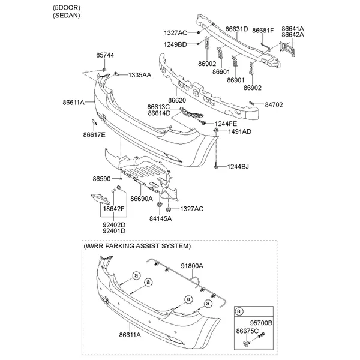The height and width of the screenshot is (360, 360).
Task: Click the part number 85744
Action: [104, 55]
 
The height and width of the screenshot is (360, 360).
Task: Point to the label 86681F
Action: [263, 29]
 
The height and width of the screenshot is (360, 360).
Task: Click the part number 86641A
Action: [294, 28]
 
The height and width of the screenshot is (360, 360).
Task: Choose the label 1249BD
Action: [175, 44]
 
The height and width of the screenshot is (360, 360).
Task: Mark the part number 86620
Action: [177, 100]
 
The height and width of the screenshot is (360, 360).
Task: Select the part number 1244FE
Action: [226, 124]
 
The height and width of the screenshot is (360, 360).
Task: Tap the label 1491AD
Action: [240, 131]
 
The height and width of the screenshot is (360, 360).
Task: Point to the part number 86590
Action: [102, 178]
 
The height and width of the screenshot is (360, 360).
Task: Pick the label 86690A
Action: [141, 199]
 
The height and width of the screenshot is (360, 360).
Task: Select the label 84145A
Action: [160, 218]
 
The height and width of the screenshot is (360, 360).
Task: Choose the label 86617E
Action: [94, 135]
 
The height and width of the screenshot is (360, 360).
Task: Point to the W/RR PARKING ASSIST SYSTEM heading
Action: [138, 246]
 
